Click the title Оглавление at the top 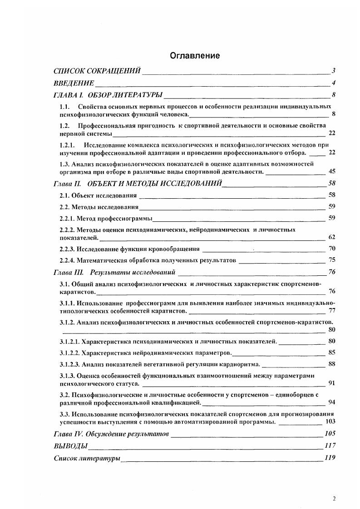pos(195,56)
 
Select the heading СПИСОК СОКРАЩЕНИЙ pos(97,71)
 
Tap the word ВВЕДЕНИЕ pos(74,83)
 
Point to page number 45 pos(331,171)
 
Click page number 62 pos(331,237)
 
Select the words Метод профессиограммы pos(114,218)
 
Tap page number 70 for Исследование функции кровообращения pos(331,249)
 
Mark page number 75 pos(331,260)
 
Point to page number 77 pos(331,311)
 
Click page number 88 pos(331,364)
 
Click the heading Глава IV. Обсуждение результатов pos(111,434)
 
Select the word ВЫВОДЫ pos(70,446)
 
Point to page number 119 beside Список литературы pos(330,458)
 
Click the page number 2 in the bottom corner pos(334,499)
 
